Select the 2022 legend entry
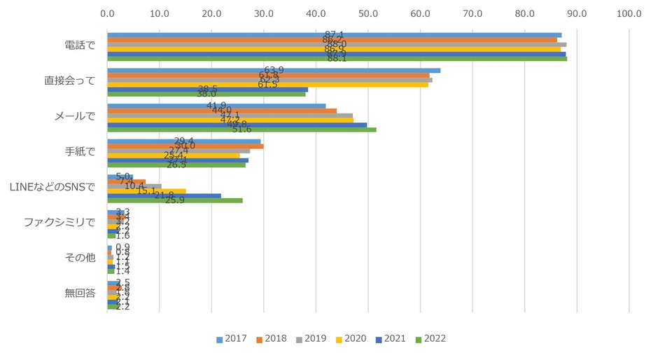430,339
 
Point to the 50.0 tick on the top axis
368,13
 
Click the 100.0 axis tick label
629,13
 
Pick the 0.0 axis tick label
107,13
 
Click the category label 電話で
78,45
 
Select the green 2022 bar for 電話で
336,59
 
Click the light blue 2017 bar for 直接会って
273,70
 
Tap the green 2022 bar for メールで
241,130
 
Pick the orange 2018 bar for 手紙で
185,146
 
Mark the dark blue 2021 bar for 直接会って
207,89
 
